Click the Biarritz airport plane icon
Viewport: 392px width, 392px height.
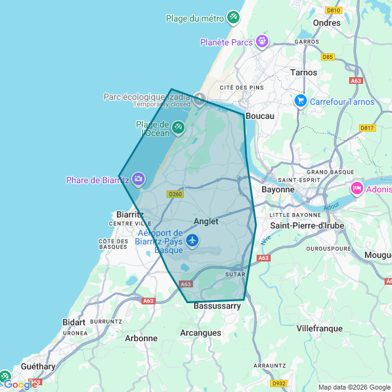click(192, 239)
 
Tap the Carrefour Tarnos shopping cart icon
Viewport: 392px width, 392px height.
click(300, 100)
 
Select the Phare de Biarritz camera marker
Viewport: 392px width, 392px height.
click(138, 179)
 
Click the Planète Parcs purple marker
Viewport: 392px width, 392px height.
click(262, 42)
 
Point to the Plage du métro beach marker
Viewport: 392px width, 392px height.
click(233, 17)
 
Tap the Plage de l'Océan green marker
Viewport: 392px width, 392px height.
click(178, 127)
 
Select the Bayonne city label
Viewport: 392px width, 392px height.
click(278, 190)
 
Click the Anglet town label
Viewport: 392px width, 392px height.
click(206, 221)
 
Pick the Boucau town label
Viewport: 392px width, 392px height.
click(260, 116)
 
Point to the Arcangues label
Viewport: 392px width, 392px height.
click(200, 333)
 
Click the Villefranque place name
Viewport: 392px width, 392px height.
click(319, 328)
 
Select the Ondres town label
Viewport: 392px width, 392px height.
click(326, 23)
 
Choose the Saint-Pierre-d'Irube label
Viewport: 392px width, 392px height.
click(307, 225)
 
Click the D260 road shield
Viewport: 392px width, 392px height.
click(175, 194)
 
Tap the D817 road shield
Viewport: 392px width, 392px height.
click(367, 128)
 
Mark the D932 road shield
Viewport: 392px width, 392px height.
click(279, 383)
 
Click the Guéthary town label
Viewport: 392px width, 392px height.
click(38, 366)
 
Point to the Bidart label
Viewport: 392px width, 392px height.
click(74, 322)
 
